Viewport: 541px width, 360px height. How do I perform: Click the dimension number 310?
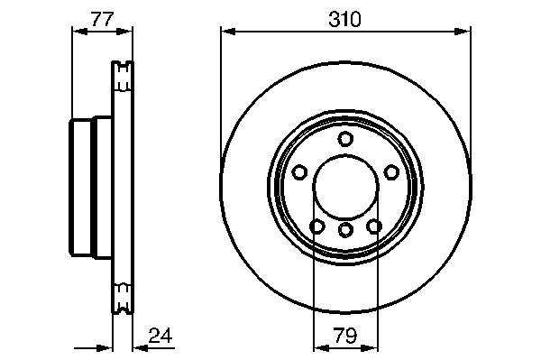(344, 19)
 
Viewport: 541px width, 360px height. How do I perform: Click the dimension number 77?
(102, 19)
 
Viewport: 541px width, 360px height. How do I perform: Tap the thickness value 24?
(160, 335)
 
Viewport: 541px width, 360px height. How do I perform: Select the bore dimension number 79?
(345, 335)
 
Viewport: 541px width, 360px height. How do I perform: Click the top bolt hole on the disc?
(345, 139)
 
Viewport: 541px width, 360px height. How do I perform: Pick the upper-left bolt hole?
(299, 172)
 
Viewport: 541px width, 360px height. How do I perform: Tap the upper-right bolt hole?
(391, 172)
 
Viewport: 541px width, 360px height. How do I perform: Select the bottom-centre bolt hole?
(345, 230)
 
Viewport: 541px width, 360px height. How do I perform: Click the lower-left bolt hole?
(317, 226)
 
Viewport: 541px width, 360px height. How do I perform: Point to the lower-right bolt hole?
(374, 226)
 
